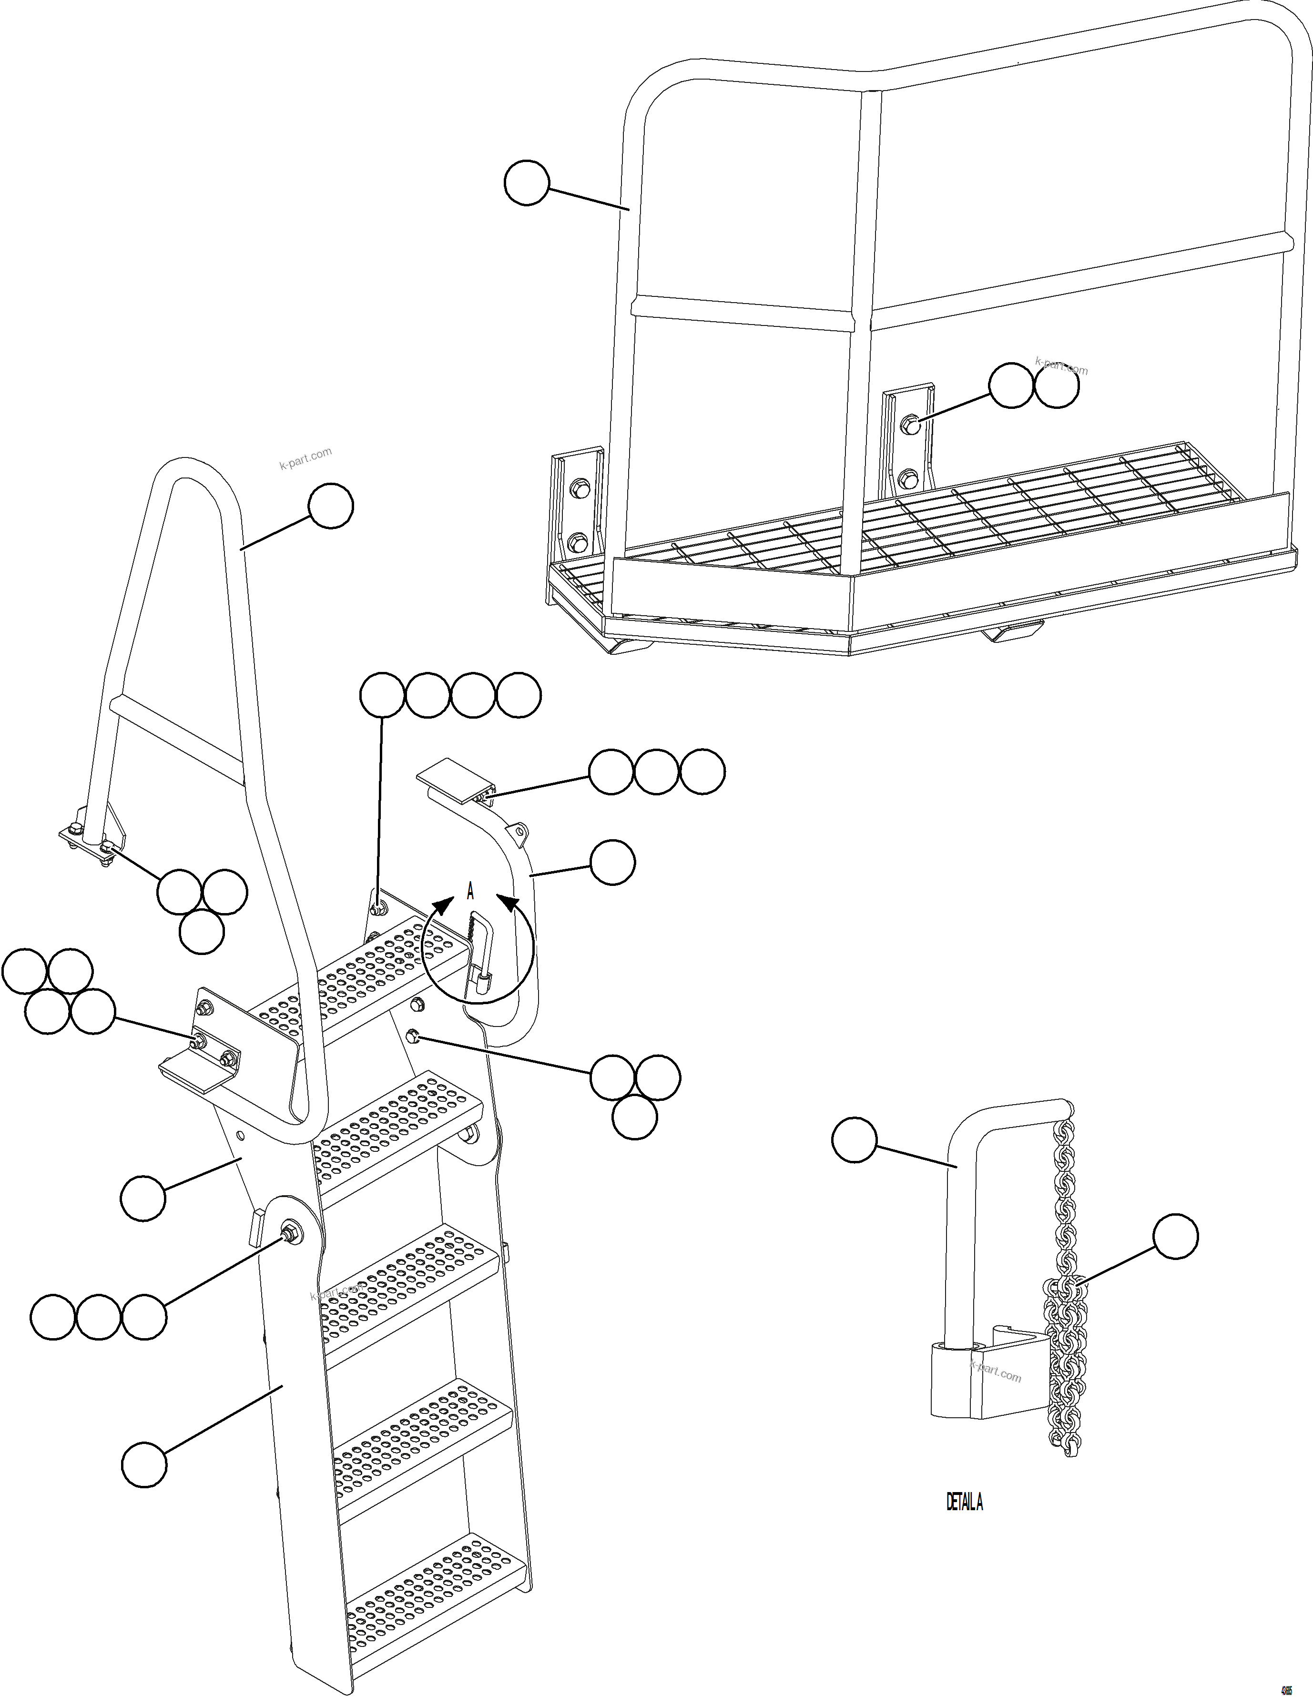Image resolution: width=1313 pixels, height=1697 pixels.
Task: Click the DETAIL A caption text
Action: click(964, 1502)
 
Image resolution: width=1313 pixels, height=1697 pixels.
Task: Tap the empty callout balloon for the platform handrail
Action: click(527, 183)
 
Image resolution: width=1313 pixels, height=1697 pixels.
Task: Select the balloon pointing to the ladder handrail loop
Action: click(331, 506)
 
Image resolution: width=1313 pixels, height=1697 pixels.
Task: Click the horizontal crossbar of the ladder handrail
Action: click(175, 731)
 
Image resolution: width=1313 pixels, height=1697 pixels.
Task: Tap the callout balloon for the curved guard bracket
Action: click(612, 862)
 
